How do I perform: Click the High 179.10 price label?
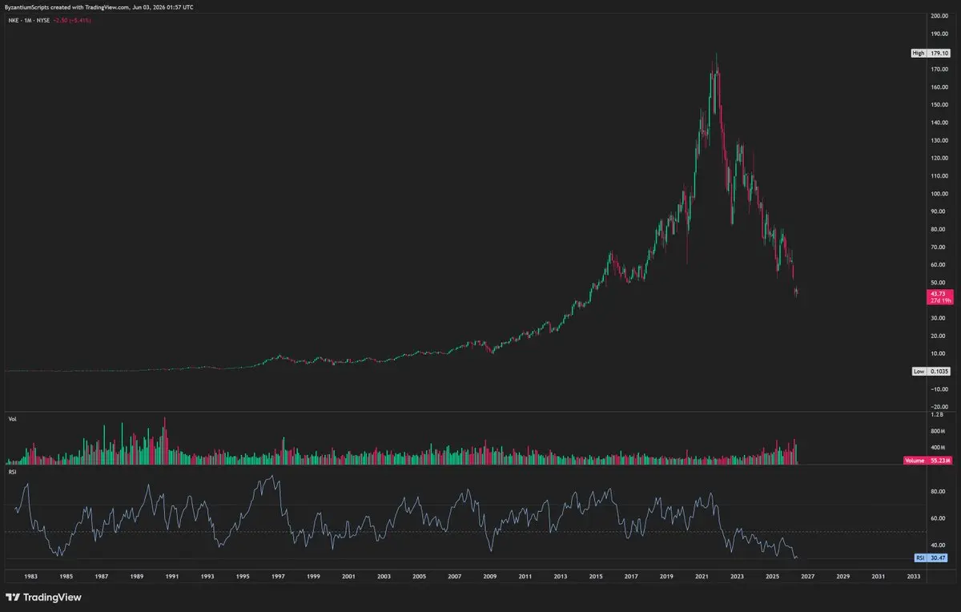[931, 53]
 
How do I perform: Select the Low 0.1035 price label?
[931, 371]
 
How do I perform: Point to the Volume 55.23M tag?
[927, 461]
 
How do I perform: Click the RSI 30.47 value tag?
[931, 558]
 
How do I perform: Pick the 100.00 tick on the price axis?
[939, 194]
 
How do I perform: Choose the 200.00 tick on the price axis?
[939, 16]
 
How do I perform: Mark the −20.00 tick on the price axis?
[939, 407]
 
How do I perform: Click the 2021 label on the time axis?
[702, 577]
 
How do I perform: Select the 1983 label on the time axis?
[30, 577]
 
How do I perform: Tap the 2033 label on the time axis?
[914, 577]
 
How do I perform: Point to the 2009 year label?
[489, 577]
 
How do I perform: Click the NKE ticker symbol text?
[14, 20]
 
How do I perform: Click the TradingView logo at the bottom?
[43, 597]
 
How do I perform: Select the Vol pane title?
[13, 419]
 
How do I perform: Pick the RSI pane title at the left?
[13, 472]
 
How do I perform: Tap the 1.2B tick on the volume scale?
[937, 415]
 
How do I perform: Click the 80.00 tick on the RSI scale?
[938, 491]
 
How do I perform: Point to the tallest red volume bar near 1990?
[165, 441]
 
